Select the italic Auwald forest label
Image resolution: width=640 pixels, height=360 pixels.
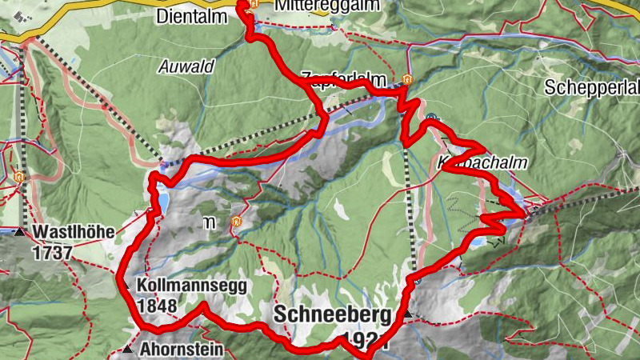click(186, 67)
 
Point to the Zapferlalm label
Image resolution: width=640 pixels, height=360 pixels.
click(349, 79)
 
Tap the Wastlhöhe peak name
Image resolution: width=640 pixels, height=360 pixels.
click(74, 233)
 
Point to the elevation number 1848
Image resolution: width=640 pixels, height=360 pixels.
click(157, 306)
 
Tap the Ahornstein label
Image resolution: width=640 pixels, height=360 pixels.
click(182, 350)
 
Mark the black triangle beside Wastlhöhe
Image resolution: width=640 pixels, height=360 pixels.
click(19, 232)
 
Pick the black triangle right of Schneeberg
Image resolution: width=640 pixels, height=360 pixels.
click(408, 314)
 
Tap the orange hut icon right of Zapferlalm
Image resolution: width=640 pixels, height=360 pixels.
click(408, 79)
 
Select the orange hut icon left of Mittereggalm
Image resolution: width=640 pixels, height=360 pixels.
click(253, 5)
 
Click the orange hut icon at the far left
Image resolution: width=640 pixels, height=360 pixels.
click(19, 176)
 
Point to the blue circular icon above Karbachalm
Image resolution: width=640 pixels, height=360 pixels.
click(432, 118)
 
